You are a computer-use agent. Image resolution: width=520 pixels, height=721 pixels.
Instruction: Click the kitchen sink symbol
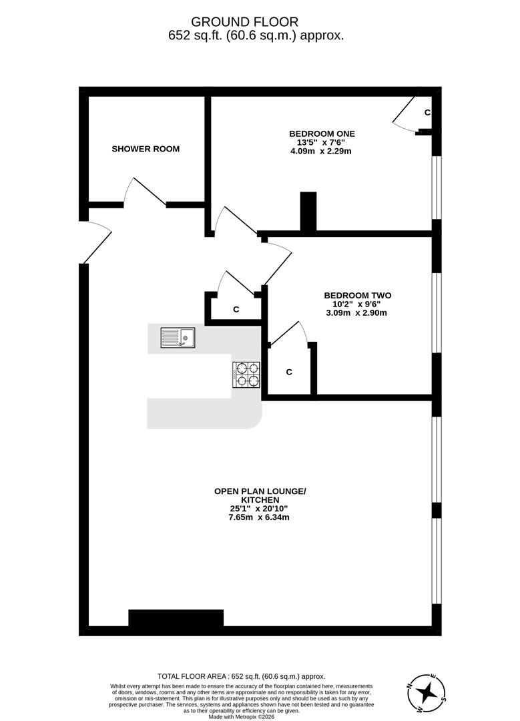178,338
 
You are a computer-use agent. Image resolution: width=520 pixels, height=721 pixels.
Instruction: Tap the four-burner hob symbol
246,375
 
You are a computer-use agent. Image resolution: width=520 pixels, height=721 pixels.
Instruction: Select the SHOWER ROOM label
146,149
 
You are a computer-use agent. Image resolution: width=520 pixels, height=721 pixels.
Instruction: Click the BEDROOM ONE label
322,134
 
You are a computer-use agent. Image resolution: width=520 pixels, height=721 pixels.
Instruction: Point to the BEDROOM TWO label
357,295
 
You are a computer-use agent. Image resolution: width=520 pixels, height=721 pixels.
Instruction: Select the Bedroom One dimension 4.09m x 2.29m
320,152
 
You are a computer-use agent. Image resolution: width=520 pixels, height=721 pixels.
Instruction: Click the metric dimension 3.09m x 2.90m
356,312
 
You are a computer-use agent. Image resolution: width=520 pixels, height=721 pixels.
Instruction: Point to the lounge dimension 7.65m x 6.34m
260,517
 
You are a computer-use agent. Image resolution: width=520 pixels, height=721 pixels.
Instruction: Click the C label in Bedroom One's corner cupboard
427,112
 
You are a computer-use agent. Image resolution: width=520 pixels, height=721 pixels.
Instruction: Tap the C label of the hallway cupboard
236,310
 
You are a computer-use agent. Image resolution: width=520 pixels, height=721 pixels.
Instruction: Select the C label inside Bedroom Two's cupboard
289,372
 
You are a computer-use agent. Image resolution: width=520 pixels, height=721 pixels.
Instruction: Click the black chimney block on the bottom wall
176,618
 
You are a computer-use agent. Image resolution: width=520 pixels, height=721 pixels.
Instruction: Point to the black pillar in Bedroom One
308,212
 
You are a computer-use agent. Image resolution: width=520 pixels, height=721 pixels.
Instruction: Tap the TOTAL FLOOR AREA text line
241,676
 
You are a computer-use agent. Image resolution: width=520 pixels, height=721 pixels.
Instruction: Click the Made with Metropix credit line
241,716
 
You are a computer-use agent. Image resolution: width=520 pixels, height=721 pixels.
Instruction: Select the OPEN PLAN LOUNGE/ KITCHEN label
260,495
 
